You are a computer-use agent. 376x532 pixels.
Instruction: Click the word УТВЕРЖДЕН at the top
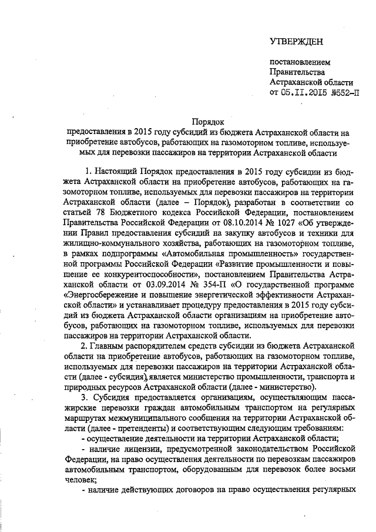coord(296,41)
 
